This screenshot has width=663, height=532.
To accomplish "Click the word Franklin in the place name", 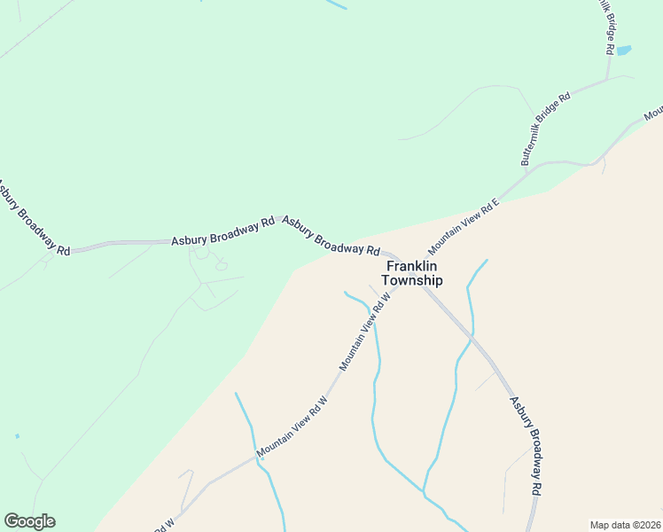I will (412, 265).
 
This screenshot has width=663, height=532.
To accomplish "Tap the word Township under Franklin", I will (412, 280).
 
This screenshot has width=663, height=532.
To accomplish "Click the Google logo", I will (29, 521).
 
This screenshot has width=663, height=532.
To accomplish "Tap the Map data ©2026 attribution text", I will (626, 524).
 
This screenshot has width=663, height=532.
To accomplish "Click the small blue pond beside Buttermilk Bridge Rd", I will (623, 51).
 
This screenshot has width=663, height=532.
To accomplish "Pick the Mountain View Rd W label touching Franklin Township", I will (365, 334).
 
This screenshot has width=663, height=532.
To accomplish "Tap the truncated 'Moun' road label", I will (653, 113).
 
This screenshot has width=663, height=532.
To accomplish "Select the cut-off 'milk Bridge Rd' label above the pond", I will (607, 26).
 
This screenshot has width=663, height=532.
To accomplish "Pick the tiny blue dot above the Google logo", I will (17, 436).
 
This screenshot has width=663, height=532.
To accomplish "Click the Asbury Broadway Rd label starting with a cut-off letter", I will (34, 219).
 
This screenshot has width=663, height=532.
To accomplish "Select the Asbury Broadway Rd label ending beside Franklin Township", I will (331, 235).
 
